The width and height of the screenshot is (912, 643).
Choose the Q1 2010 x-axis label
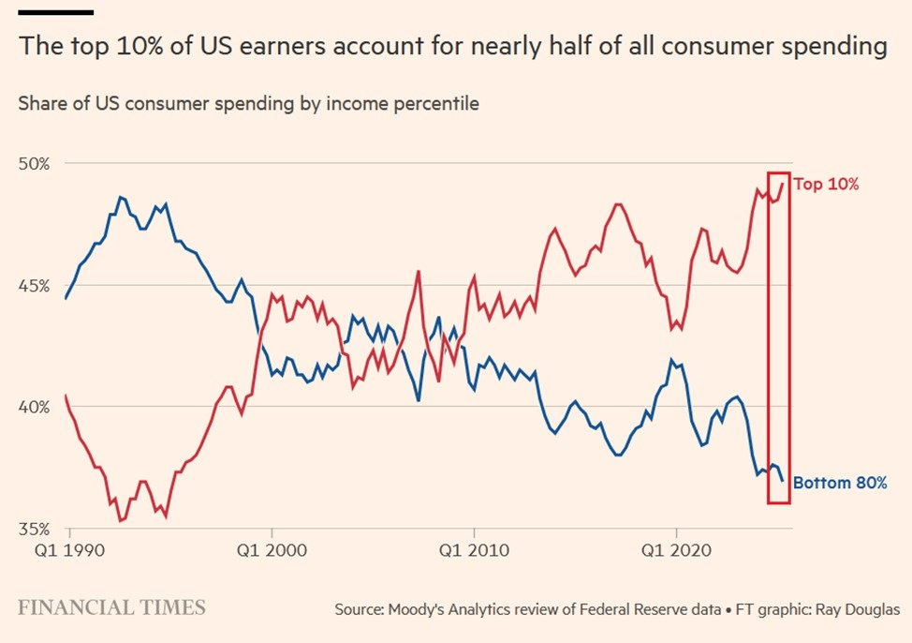(x=475, y=549)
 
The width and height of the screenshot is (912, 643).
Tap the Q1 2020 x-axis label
(x=676, y=549)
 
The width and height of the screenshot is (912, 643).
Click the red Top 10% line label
(x=826, y=184)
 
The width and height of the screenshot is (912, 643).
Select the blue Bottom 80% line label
(x=839, y=484)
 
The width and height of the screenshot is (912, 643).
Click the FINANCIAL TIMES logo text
(x=111, y=607)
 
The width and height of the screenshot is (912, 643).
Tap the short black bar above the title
(x=55, y=12)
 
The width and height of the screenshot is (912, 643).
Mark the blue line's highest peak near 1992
(x=121, y=197)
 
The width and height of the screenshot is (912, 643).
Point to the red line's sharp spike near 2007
(x=418, y=272)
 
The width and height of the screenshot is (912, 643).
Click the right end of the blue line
(x=783, y=480)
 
